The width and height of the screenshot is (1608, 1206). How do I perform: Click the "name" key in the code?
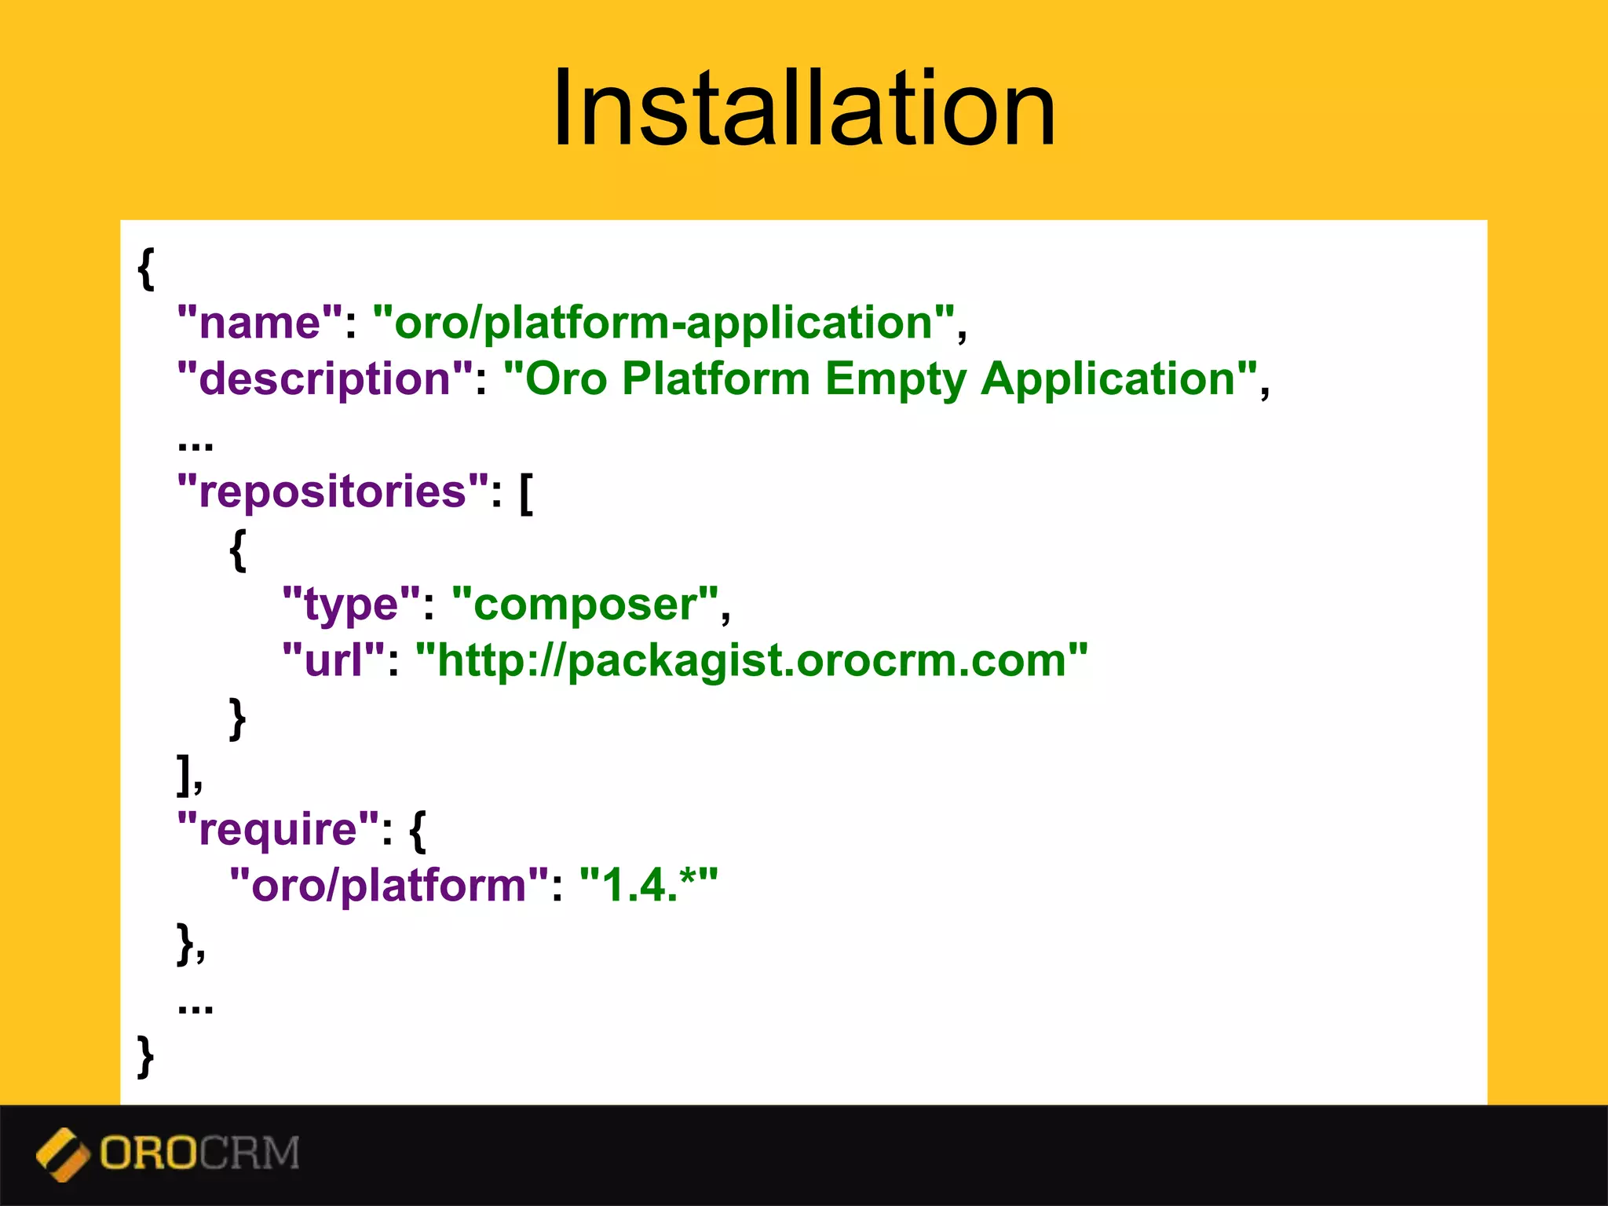click(260, 322)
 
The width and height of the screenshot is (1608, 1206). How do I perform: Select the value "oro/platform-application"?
click(663, 322)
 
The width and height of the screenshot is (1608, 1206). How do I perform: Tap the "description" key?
click(325, 378)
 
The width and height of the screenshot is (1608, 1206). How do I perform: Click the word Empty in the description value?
click(895, 378)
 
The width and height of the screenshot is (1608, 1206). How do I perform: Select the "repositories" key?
click(333, 492)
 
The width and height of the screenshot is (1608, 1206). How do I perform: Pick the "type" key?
click(352, 604)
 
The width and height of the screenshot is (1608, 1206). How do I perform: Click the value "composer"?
click(585, 604)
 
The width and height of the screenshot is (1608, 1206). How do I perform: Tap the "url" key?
click(333, 660)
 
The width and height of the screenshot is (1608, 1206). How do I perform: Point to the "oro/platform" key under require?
click(389, 885)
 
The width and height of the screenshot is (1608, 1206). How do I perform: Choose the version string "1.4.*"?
click(648, 885)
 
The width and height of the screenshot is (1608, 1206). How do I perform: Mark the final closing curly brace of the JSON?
click(146, 1056)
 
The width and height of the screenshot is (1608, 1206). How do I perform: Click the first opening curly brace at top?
click(146, 269)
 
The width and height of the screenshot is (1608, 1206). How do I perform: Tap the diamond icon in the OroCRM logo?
click(63, 1154)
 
